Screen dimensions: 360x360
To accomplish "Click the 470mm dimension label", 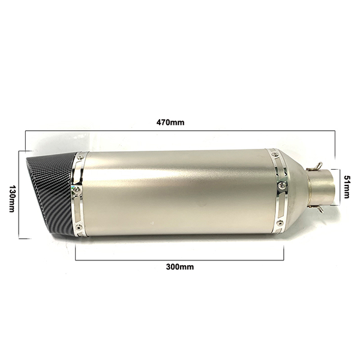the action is click(x=170, y=122).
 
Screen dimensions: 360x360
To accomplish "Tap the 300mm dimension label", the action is click(x=180, y=267).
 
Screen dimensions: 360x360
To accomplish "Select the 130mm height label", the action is click(x=12, y=199).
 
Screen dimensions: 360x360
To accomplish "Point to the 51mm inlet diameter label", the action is click(x=347, y=187).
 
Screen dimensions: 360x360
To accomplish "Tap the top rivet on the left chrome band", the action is click(x=80, y=157).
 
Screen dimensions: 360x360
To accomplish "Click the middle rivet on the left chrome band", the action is click(x=77, y=190).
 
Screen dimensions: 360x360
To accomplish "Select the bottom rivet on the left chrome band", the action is click(x=79, y=227).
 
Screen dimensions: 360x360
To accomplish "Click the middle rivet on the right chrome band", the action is click(x=281, y=185).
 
